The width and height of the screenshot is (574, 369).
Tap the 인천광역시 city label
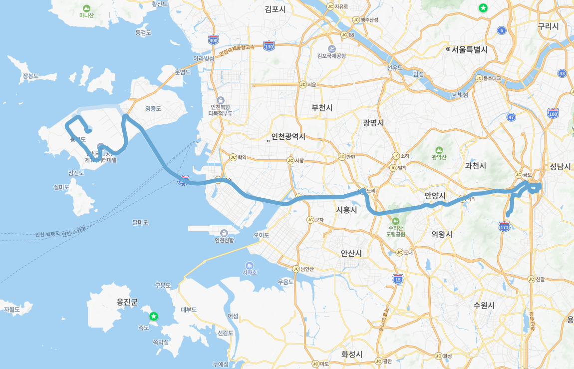[288, 137]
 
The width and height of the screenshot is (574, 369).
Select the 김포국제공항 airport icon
[332, 48]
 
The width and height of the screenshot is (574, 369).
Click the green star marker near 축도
[154, 316]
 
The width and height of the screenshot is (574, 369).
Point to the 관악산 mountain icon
[439, 150]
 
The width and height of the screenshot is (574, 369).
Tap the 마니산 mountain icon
[86, 8]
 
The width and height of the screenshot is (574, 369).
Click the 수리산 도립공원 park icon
[396, 221]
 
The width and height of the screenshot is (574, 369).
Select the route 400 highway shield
[214, 40]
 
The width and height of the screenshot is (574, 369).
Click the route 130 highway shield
[269, 46]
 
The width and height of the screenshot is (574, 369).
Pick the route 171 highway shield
[504, 227]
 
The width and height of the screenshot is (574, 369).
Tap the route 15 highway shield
[398, 279]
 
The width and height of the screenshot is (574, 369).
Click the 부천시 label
[322, 107]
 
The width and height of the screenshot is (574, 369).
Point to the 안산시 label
[351, 253]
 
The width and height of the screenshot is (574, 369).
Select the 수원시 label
[484, 305]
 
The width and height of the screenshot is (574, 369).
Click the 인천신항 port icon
[224, 233]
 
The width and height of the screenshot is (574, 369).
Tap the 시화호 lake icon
[250, 265]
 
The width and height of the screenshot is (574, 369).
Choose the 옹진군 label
[127, 302]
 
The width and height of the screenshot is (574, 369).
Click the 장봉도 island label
[30, 76]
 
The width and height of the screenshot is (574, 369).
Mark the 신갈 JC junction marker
[531, 279]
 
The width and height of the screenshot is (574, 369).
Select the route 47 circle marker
[511, 117]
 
